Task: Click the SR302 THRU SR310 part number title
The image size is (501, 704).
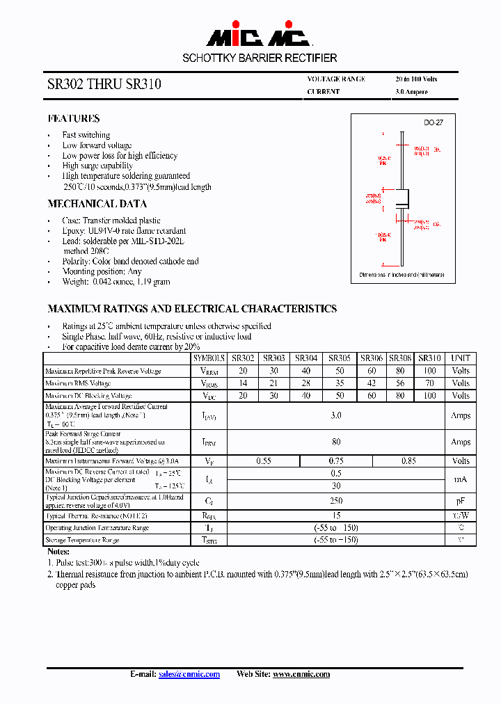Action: [104, 84]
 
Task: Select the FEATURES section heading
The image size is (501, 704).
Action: [74, 118]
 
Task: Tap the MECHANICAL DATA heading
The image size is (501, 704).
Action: [97, 204]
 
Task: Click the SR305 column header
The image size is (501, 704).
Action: [340, 358]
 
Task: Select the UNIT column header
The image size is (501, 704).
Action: [461, 358]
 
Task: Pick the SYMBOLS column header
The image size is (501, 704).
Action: [209, 358]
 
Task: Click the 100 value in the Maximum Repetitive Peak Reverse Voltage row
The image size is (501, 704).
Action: [429, 371]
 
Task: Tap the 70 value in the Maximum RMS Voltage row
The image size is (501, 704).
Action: [429, 383]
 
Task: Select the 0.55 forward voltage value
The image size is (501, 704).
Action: [264, 461]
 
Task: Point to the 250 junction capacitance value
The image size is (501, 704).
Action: [336, 500]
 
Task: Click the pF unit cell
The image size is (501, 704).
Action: [461, 500]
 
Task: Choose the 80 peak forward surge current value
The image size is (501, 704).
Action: [336, 441]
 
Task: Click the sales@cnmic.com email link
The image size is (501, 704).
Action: [189, 674]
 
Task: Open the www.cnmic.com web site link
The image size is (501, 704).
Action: [301, 674]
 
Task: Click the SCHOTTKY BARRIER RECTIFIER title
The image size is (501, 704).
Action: [260, 58]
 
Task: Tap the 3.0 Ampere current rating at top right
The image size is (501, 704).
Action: [411, 92]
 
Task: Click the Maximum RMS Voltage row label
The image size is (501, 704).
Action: [78, 383]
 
